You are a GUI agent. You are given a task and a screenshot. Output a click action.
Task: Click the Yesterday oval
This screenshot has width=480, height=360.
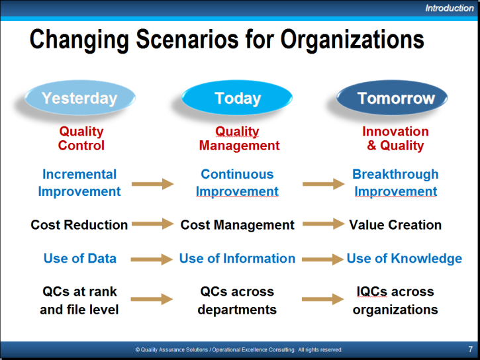click(80, 98)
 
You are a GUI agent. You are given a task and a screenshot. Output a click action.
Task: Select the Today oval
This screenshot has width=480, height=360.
click(237, 98)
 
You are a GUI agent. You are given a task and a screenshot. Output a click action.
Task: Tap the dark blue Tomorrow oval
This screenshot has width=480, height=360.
click(392, 98)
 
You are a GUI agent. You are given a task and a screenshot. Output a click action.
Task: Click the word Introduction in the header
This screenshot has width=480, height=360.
click(449, 8)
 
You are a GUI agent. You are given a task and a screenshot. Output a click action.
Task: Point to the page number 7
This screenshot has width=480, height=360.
click(470, 349)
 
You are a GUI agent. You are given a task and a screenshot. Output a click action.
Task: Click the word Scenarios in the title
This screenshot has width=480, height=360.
click(187, 39)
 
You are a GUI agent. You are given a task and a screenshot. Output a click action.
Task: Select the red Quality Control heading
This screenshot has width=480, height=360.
click(81, 138)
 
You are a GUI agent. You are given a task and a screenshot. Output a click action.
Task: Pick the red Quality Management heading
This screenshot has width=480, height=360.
click(239, 138)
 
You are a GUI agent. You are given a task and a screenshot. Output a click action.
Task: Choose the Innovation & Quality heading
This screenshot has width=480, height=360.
click(395, 138)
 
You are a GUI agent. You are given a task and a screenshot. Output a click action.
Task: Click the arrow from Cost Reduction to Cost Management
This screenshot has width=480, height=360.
click(153, 224)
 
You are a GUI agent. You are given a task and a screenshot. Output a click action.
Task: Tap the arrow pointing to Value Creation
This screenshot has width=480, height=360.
click(324, 224)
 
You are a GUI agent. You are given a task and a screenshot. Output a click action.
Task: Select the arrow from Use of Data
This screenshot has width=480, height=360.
click(152, 259)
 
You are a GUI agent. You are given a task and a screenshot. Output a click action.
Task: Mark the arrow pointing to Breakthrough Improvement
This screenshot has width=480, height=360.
click(324, 184)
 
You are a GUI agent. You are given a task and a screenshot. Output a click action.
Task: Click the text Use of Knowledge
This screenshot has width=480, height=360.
click(404, 259)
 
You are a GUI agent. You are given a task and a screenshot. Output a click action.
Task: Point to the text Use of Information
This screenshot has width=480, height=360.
click(237, 259)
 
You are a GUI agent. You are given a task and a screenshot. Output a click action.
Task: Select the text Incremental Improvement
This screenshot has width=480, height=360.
click(79, 183)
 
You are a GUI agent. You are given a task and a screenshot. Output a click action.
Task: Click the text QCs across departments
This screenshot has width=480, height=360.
click(237, 300)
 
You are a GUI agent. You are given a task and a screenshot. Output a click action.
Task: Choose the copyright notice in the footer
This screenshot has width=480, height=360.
click(239, 349)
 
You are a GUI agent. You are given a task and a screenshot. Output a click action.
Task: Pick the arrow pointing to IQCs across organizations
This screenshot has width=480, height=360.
click(323, 299)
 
